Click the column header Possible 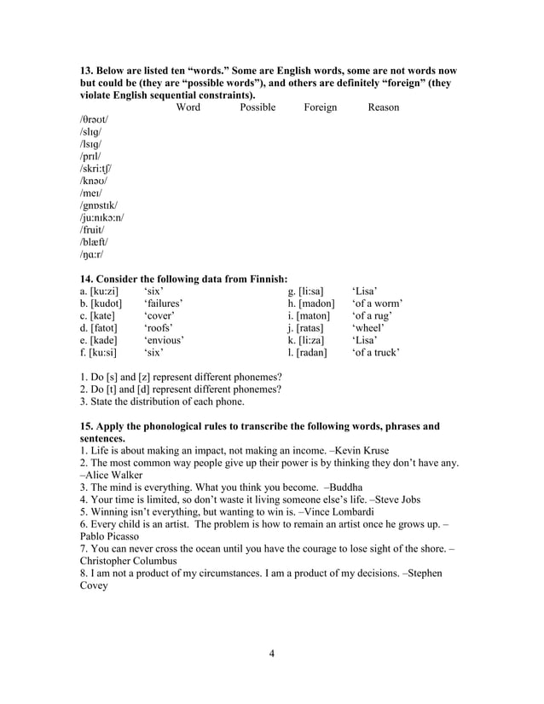click(258, 107)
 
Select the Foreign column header click(320, 107)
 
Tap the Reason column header click(383, 107)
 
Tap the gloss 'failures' click(164, 303)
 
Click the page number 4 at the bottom click(271, 654)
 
